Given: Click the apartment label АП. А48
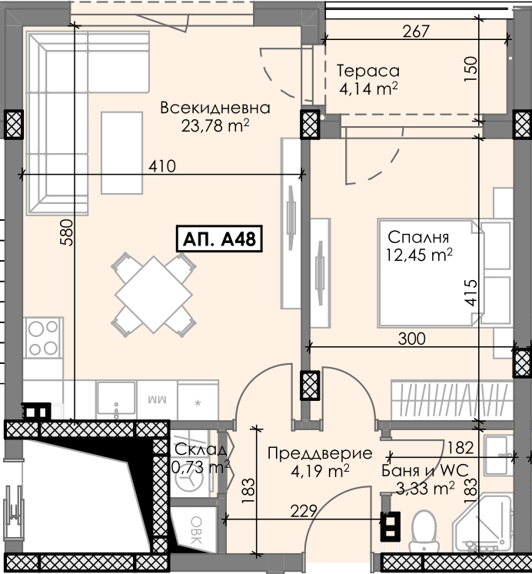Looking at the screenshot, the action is coord(219,239).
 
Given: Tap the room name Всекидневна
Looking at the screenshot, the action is coord(215,108).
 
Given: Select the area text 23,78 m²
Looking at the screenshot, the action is coord(215,126).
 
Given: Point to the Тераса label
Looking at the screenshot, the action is coord(368,71).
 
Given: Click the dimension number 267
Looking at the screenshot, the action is coord(416,32).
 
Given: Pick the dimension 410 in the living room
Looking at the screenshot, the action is coord(161,166).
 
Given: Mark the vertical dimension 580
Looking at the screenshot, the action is coord(67,232).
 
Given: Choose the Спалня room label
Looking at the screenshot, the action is coord(418,237).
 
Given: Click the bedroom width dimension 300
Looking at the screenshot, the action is coord(411,339).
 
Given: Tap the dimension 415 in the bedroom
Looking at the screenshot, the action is coord(471,292).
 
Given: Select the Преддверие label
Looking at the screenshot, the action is coord(320,453).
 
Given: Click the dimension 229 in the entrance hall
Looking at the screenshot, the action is coord(304,511).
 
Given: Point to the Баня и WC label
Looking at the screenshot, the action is coord(425,470).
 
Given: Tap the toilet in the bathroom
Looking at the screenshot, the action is coord(424,531).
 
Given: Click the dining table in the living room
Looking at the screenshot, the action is coord(154,295).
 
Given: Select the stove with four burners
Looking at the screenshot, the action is coord(43,338).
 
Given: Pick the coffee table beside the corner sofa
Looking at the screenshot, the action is coord(121,152).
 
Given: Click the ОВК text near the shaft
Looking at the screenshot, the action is coord(196,530).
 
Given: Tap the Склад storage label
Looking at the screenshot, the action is coord(201,449).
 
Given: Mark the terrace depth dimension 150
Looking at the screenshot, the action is coord(471,68).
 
